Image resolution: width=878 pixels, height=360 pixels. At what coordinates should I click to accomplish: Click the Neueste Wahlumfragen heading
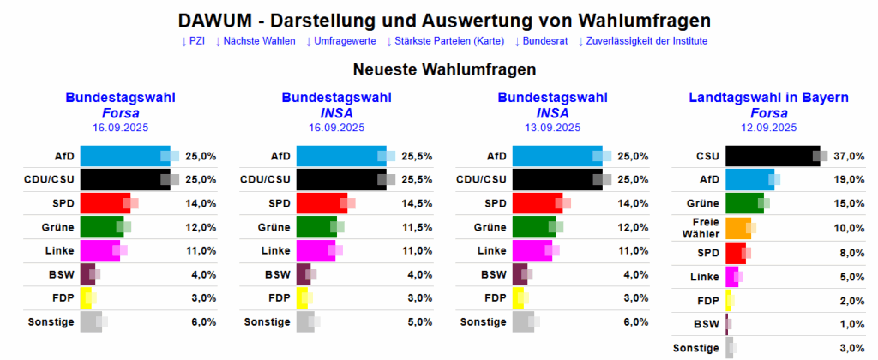444,68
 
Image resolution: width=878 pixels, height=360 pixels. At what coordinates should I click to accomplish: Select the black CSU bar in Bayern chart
772,156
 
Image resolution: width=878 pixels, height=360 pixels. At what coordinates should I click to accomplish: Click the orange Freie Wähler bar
738,227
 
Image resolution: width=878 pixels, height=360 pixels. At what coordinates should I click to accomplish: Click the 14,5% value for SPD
416,203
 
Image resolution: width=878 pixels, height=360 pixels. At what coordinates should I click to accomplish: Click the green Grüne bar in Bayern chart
743,203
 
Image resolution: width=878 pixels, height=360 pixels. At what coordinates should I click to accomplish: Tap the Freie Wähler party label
700,227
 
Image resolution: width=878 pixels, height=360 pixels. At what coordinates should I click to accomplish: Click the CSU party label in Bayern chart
707,156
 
